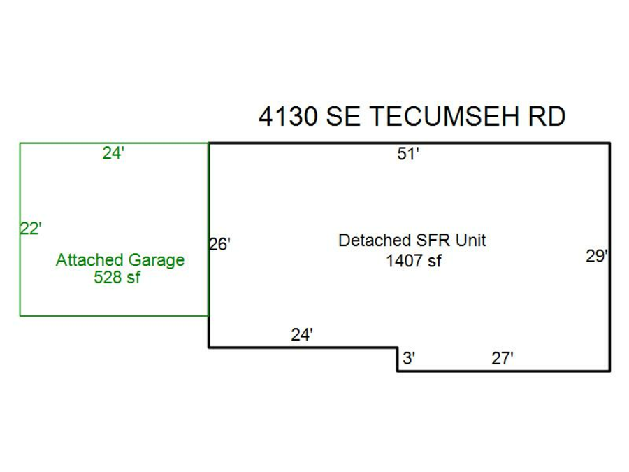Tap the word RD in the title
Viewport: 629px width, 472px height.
click(x=546, y=117)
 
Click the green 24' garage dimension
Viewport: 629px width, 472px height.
click(x=113, y=154)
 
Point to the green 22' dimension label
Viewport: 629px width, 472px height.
click(x=31, y=229)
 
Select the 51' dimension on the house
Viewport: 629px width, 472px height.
click(x=408, y=155)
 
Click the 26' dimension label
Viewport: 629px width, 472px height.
click(x=220, y=245)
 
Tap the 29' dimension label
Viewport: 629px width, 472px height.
click(x=597, y=257)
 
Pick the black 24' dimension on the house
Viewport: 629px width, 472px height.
click(x=302, y=335)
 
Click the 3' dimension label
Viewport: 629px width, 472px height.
click(x=410, y=359)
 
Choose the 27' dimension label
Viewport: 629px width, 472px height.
click(x=503, y=359)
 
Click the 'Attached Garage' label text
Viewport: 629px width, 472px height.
click(x=120, y=260)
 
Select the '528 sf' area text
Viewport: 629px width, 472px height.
click(x=117, y=278)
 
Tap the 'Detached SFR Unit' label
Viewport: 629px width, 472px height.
click(x=412, y=241)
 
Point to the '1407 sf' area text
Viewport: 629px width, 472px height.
click(x=414, y=262)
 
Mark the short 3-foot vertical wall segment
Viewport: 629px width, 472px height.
click(x=398, y=359)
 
